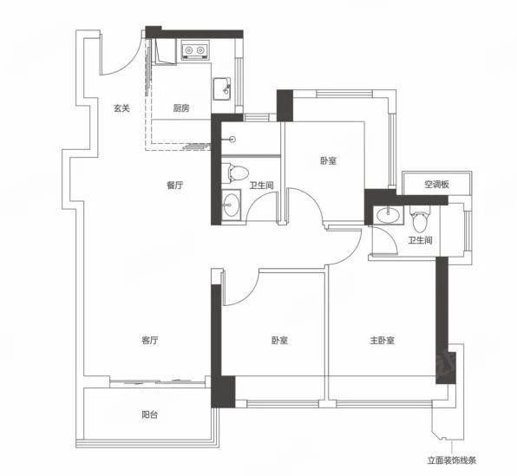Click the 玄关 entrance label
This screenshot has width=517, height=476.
[121, 108]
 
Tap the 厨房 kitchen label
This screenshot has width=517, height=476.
[181, 108]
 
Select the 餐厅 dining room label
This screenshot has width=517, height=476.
[174, 186]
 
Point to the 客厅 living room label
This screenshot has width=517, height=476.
[150, 340]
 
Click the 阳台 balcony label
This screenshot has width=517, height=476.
[150, 414]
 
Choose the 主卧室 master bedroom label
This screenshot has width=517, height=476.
[383, 340]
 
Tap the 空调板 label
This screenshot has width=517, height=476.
[437, 185]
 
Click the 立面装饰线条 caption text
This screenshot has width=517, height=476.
[452, 460]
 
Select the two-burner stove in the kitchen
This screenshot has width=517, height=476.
[194, 50]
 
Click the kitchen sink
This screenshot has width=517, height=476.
[221, 88]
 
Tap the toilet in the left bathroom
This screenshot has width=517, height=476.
[235, 173]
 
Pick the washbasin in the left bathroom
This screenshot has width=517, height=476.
[231, 205]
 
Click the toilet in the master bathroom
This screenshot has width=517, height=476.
[420, 218]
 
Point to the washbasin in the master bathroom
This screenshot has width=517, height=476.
[389, 215]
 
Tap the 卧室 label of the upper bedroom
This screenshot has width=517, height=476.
[329, 161]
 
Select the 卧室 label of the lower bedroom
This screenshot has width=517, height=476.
[279, 340]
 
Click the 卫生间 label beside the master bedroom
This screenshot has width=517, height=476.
[421, 240]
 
